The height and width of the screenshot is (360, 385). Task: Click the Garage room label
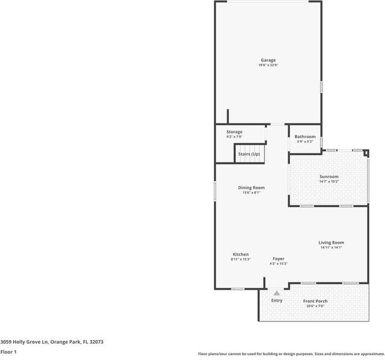click(268, 60)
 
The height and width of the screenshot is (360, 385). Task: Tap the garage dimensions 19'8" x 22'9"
click(268, 65)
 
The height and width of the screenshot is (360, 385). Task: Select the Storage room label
click(234, 132)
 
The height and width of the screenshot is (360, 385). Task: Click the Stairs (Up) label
click(249, 154)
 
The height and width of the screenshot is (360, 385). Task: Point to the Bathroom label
click(305, 137)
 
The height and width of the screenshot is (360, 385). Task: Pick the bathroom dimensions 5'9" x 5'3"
click(305, 141)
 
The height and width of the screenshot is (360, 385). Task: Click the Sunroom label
click(329, 176)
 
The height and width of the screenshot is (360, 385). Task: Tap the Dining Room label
click(251, 188)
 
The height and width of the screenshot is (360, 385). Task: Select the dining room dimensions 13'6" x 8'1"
click(251, 193)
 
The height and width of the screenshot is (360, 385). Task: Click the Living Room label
click(331, 243)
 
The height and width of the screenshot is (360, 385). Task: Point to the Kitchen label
click(240, 254)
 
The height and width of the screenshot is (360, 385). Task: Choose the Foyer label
click(278, 259)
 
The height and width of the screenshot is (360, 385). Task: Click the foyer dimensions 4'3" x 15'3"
click(278, 264)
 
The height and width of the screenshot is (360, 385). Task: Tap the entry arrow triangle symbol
click(277, 293)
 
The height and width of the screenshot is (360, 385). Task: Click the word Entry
click(277, 300)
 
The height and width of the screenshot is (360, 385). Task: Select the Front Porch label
click(315, 301)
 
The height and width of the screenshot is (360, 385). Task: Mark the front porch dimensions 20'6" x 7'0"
click(315, 306)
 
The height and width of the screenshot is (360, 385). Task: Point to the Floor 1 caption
click(8, 352)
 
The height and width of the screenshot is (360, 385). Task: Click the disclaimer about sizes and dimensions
click(291, 354)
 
